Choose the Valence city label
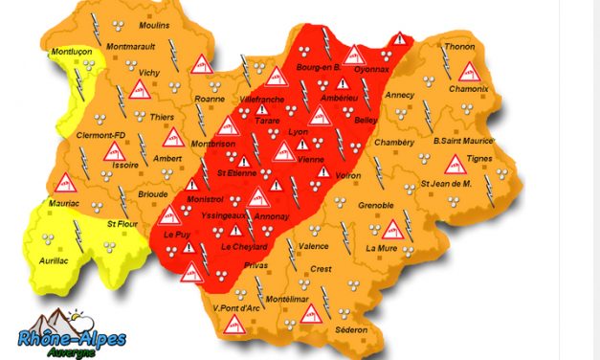[x=314, y=245]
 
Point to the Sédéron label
[x=351, y=329]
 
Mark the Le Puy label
[x=177, y=234]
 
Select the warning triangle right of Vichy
[x=201, y=65]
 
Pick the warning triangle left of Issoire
[x=67, y=179]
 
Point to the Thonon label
[x=458, y=48]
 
